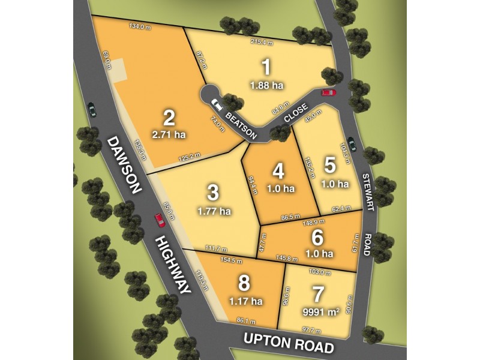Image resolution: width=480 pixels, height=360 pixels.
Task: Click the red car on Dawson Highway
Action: (x=160, y=220)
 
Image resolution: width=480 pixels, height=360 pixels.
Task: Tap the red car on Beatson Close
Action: (x=328, y=92)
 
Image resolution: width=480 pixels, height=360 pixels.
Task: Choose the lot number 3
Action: (x=213, y=193)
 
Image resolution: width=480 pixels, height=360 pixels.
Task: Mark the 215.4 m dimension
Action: (x=263, y=43)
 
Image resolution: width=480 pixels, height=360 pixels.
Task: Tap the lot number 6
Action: (x=318, y=236)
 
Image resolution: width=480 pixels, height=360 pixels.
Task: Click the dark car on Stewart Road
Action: (x=351, y=143)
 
